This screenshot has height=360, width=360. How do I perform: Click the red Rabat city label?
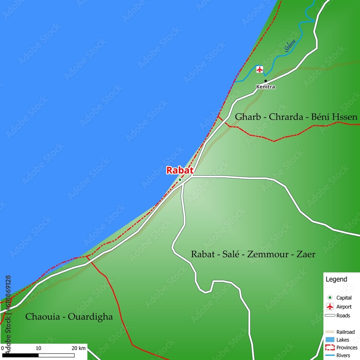pyautogui.click(x=180, y=170)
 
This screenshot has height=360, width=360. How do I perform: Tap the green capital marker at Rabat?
pyautogui.click(x=180, y=180)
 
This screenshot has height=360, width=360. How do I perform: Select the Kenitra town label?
pyautogui.click(x=265, y=87)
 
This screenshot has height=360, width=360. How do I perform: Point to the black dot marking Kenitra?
pyautogui.click(x=266, y=81)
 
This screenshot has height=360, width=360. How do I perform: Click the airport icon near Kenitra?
pyautogui.click(x=260, y=69)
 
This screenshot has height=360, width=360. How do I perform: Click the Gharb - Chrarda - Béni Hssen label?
pyautogui.click(x=296, y=117)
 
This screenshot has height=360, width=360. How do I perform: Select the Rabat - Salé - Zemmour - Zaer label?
pyautogui.click(x=253, y=255)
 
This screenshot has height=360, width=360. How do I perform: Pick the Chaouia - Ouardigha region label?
pyautogui.click(x=69, y=317)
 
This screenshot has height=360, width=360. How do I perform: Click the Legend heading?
pyautogui.click(x=336, y=279)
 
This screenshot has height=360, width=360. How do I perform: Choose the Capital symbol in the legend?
pyautogui.click(x=330, y=298)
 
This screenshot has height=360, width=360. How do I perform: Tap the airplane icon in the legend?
pyautogui.click(x=330, y=307)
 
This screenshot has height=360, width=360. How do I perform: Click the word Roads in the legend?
pyautogui.click(x=343, y=316)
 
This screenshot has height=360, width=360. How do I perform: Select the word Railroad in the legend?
pyautogui.click(x=345, y=332)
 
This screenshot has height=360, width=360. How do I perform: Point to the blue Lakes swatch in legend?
pyautogui.click(x=330, y=339)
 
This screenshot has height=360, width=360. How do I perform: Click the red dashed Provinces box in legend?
pyautogui.click(x=330, y=347)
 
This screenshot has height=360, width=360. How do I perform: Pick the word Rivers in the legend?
pyautogui.click(x=343, y=355)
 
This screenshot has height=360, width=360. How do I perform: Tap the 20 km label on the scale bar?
pyautogui.click(x=78, y=348)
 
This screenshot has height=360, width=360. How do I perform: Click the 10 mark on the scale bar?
pyautogui.click(x=39, y=348)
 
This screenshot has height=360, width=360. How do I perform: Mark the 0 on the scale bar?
pyautogui.click(x=3, y=348)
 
